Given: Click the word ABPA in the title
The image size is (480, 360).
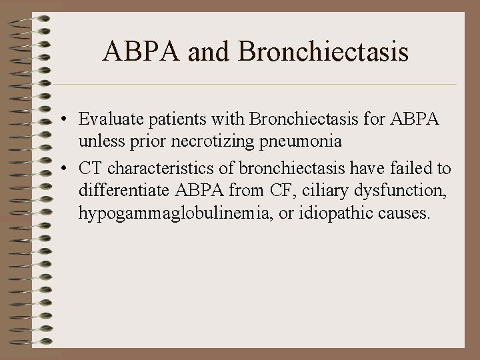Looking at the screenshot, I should tap(142, 53).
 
